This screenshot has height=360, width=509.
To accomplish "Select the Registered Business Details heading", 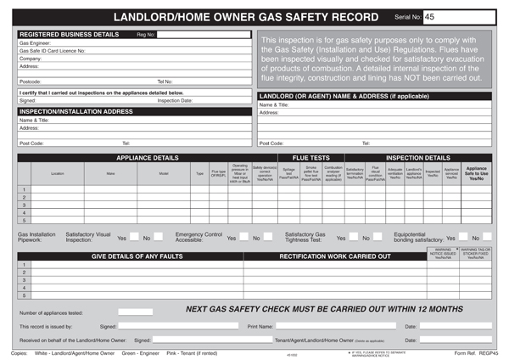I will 70,34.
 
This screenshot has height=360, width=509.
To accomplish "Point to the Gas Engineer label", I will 35,42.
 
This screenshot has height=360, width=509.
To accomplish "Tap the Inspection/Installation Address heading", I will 76,111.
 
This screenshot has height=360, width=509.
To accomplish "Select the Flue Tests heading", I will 310,158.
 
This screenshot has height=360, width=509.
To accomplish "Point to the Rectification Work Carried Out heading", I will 334,256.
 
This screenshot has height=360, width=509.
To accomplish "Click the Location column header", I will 57,173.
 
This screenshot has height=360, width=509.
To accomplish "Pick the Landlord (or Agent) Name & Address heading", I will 330,96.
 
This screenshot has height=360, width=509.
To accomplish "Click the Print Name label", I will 260,326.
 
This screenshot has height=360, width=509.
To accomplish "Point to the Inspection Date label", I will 175,100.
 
